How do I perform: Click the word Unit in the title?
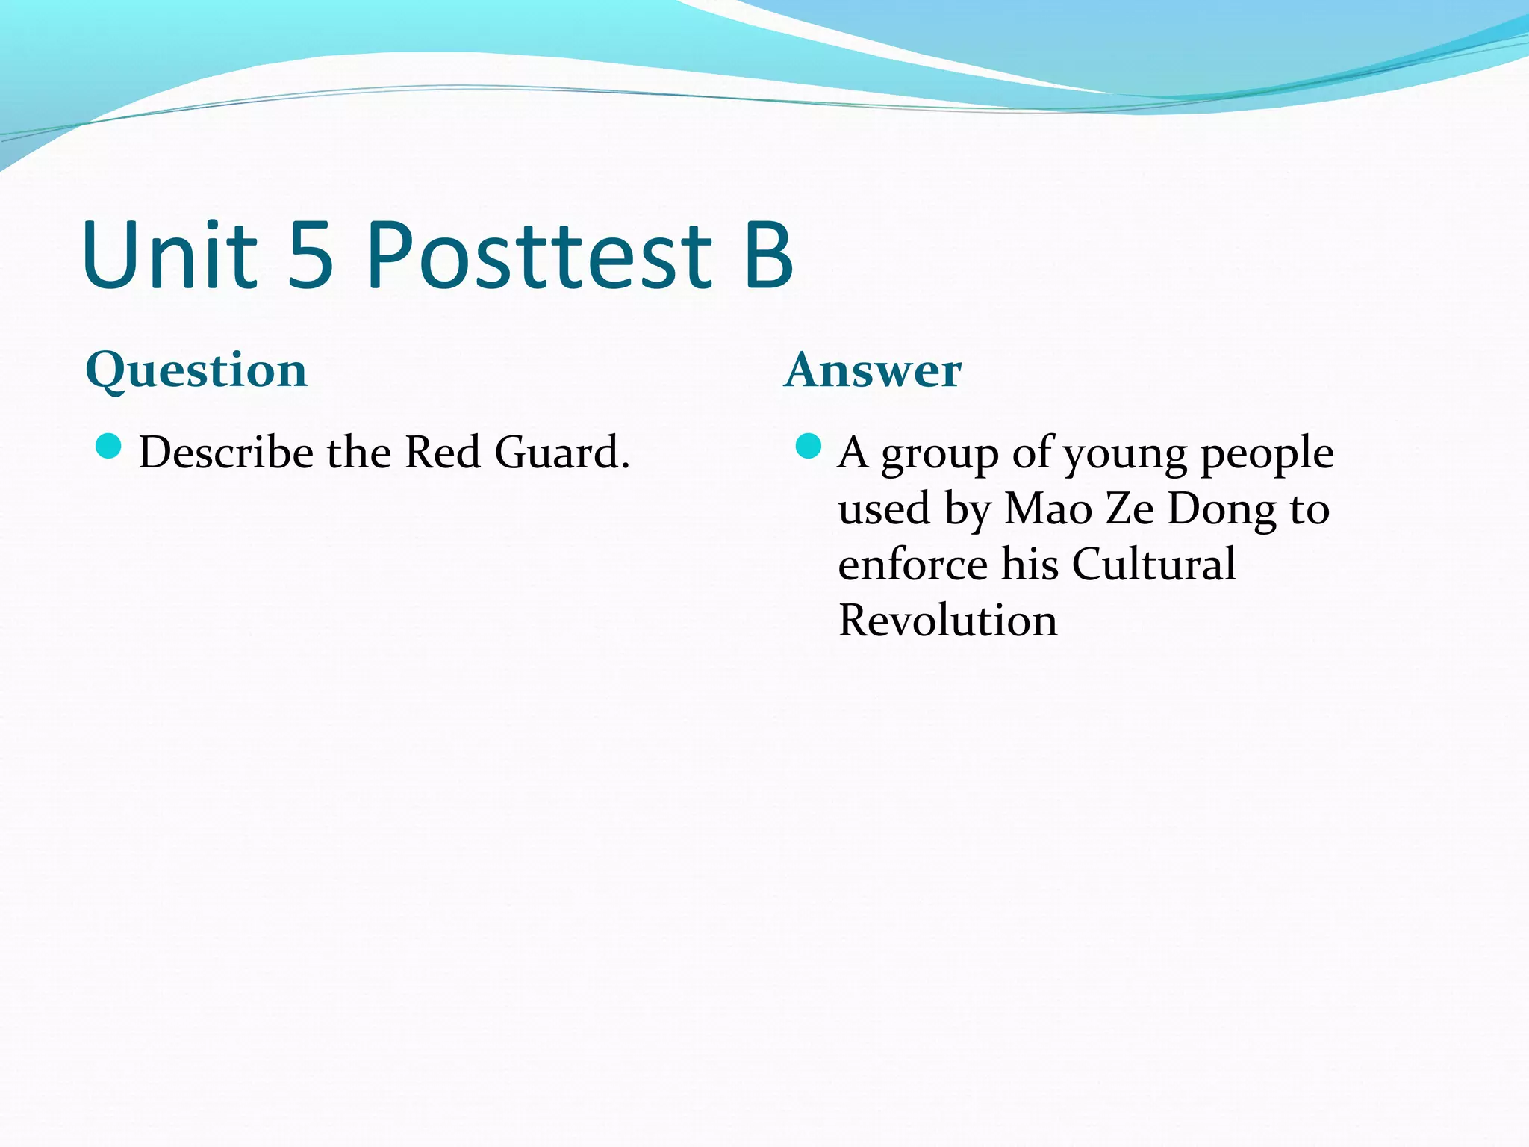coord(170,255)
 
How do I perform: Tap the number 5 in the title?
coord(310,255)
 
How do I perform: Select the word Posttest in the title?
coord(539,255)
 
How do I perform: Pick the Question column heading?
coord(196,370)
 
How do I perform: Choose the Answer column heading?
coord(873,370)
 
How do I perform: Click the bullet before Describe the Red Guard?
coord(109,447)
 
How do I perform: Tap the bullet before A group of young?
coord(808,447)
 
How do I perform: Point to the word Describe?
coord(226,453)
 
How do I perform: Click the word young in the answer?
coord(1125,454)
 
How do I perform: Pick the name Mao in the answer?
coord(1048,509)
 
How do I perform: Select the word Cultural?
coord(1153,565)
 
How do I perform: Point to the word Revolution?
coord(947,621)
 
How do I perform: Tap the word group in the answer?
coord(939,454)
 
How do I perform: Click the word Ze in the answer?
coord(1130,509)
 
